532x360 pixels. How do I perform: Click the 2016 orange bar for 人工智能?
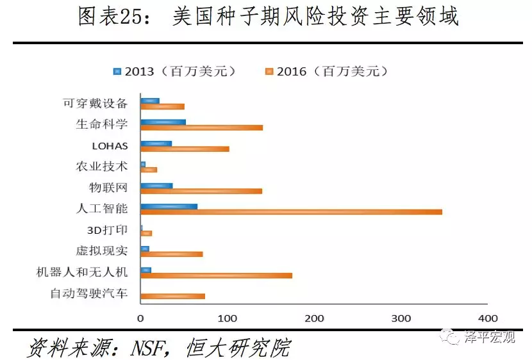click(x=291, y=211)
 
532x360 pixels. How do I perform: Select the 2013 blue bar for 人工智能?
click(x=169, y=206)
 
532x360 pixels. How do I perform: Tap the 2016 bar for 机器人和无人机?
click(x=216, y=275)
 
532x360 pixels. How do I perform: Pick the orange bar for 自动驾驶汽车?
click(x=172, y=296)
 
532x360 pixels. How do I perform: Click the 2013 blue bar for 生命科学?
click(x=163, y=122)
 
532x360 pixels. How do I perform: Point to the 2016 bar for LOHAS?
click(x=185, y=149)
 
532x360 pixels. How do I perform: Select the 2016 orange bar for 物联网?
click(x=201, y=191)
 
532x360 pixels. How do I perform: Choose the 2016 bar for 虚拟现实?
click(x=171, y=254)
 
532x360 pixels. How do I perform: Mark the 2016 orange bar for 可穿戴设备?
click(x=162, y=106)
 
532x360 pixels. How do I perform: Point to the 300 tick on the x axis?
click(x=401, y=318)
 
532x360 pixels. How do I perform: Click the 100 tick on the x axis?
click(x=227, y=318)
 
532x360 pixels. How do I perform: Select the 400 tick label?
click(x=487, y=318)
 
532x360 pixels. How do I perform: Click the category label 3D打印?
click(x=107, y=230)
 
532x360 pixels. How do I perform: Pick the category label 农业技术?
click(x=102, y=167)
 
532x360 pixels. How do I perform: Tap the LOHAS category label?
click(x=110, y=145)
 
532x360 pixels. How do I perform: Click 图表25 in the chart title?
click(x=114, y=18)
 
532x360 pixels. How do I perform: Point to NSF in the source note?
click(x=151, y=347)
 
